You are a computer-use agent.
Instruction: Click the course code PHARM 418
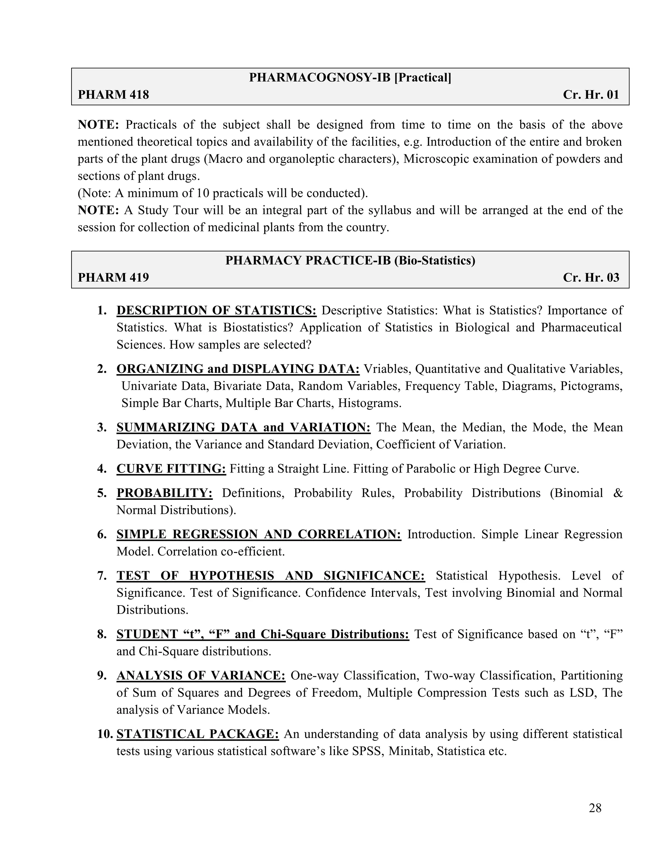113,95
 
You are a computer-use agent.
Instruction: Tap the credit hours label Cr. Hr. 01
591,95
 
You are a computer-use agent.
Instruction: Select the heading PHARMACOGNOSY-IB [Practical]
350,77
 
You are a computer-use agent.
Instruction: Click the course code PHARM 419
113,277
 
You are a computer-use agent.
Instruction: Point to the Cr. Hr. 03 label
591,277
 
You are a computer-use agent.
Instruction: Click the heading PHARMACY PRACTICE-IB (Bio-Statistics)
350,260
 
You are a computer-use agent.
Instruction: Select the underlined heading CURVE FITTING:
171,469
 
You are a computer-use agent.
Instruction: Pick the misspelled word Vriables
385,369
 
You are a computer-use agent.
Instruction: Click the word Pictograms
590,386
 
